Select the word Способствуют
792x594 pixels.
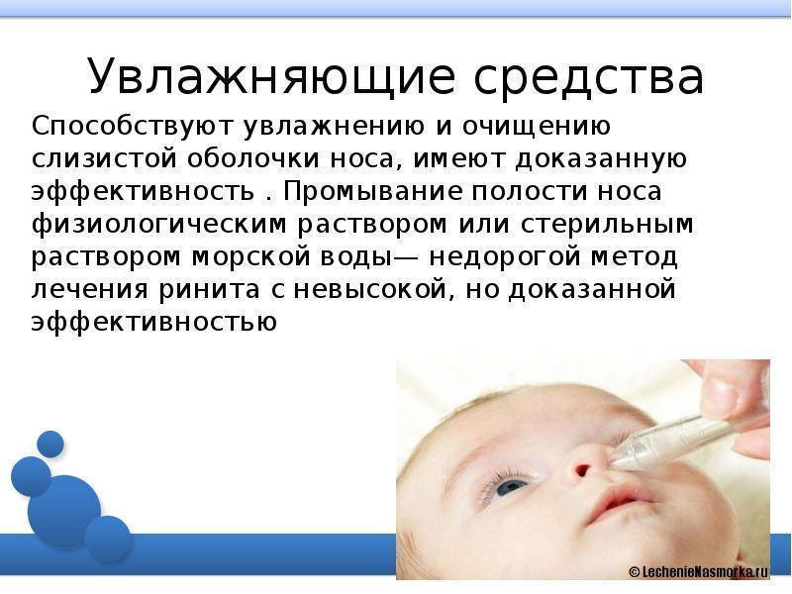[x=133, y=127]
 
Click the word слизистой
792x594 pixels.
[x=105, y=158]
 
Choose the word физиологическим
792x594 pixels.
[x=158, y=225]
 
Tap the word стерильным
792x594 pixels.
[x=607, y=225]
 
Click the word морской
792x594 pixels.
[x=251, y=256]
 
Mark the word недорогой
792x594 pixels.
[x=505, y=257]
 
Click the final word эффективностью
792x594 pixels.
[x=154, y=322]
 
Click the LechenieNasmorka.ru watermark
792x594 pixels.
[x=699, y=571]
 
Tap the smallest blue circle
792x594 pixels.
[x=50, y=444]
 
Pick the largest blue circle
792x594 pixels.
[x=64, y=511]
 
